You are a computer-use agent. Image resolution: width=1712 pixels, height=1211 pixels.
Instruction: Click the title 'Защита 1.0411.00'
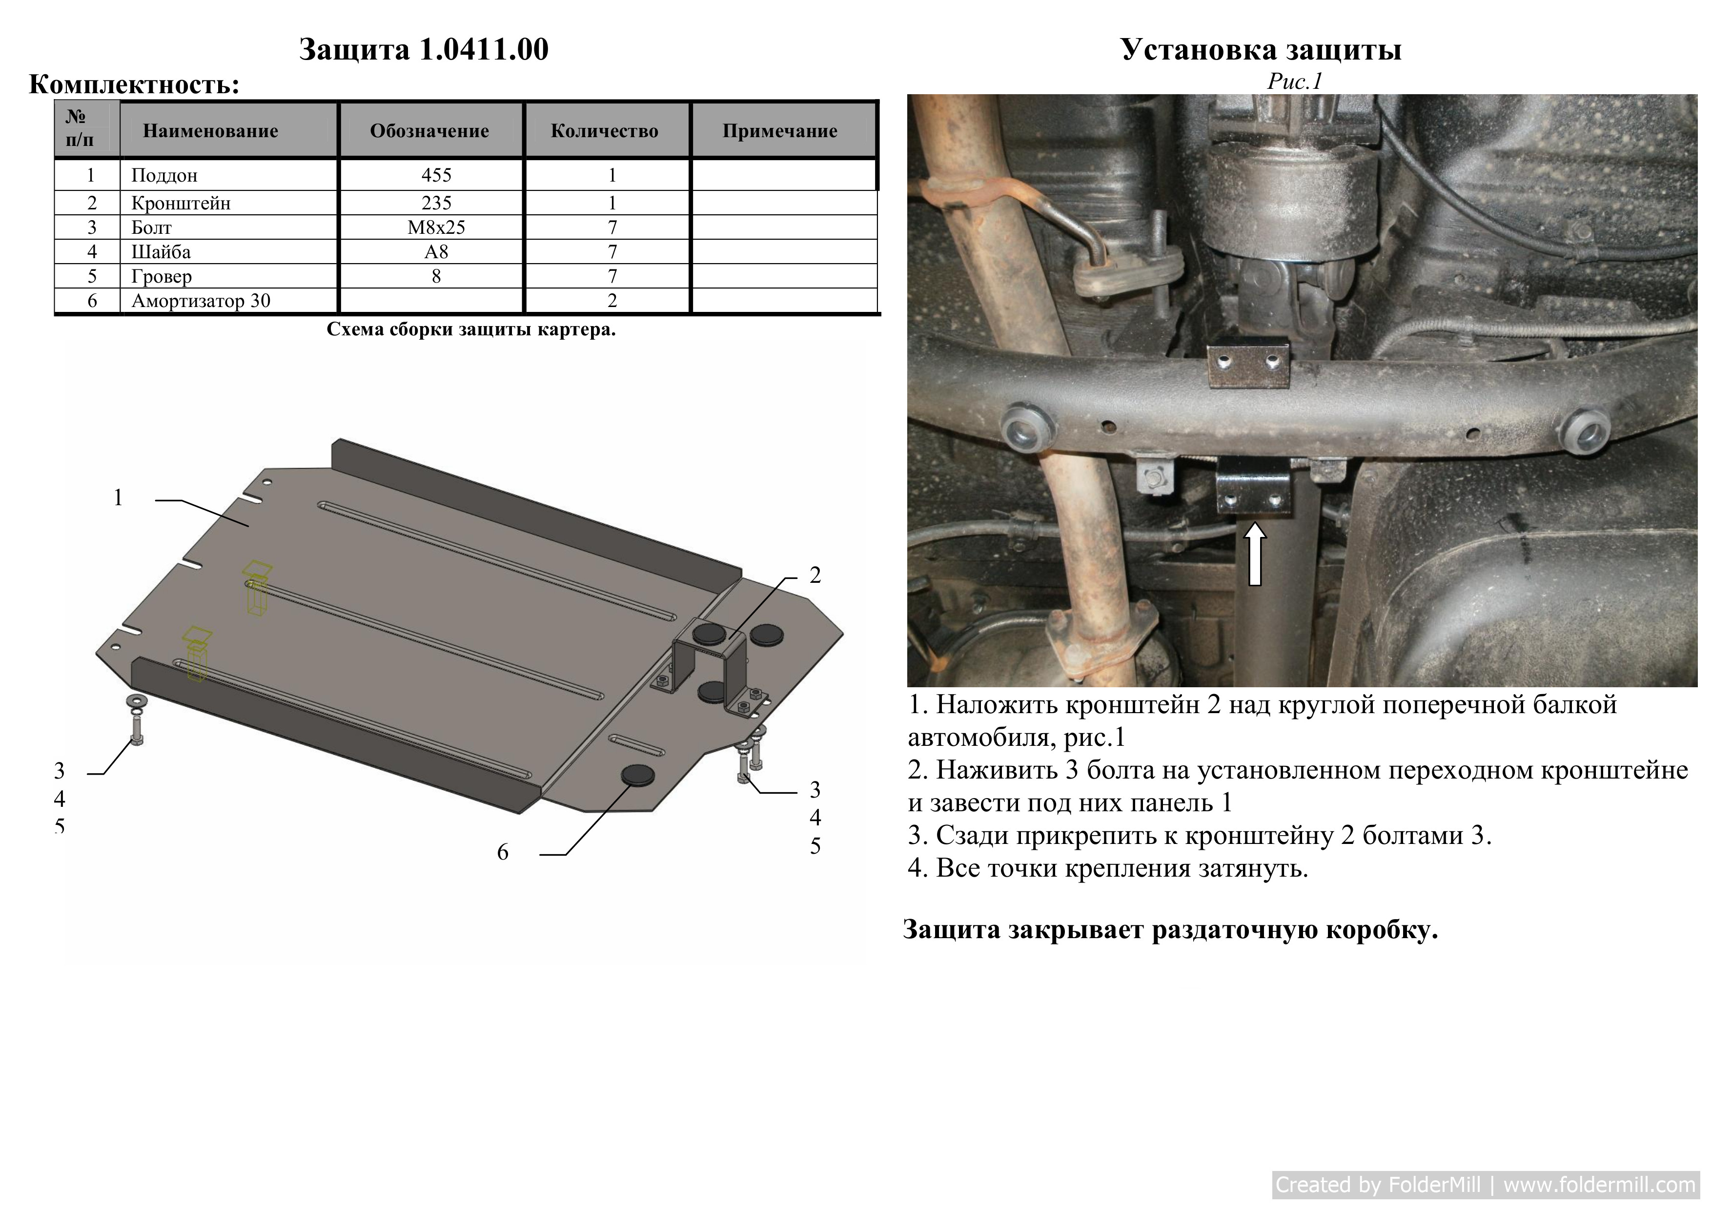pyautogui.click(x=424, y=49)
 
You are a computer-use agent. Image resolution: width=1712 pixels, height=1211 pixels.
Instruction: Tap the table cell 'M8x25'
pyautogui.click(x=436, y=227)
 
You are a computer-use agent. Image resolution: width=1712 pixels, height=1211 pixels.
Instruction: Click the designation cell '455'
pyautogui.click(x=436, y=175)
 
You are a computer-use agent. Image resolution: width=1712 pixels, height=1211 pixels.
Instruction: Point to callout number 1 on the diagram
pyautogui.click(x=118, y=497)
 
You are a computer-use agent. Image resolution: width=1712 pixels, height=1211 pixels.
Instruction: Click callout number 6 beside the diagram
pyautogui.click(x=503, y=852)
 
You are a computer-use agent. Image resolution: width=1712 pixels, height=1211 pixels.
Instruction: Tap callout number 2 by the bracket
pyautogui.click(x=815, y=575)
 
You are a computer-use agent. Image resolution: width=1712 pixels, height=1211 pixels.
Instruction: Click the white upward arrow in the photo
pyautogui.click(x=1256, y=554)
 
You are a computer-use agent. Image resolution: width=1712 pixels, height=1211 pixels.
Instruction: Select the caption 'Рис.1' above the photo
pyautogui.click(x=1294, y=82)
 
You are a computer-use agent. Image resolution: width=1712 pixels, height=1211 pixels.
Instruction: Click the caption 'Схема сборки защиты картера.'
pyautogui.click(x=471, y=329)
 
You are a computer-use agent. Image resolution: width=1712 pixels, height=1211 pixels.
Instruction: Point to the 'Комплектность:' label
pyautogui.click(x=134, y=84)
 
